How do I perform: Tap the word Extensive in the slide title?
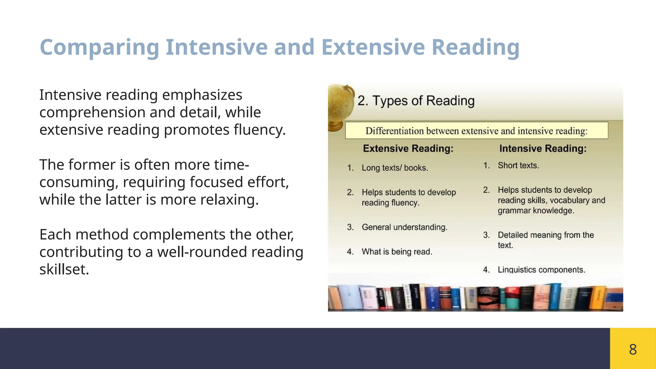(x=373, y=47)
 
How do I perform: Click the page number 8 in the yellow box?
(x=633, y=349)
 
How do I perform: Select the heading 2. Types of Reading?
(x=416, y=101)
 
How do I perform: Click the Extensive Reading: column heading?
(x=408, y=149)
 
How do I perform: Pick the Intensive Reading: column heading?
(x=543, y=149)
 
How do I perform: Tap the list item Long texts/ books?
(x=395, y=168)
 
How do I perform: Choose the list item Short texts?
(x=518, y=166)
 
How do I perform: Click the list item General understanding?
(x=404, y=227)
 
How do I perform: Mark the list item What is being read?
(x=397, y=252)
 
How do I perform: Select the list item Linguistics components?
(x=541, y=270)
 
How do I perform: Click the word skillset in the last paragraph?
(x=64, y=269)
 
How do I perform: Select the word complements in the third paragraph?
(x=179, y=234)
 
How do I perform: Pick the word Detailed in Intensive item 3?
(x=512, y=235)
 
